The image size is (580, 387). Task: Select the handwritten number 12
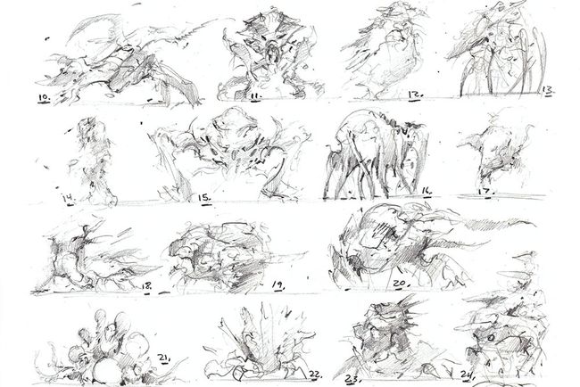[415, 92]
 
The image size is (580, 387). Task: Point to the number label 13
[547, 90]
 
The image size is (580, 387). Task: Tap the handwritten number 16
[426, 190]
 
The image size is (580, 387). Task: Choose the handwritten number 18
[146, 286]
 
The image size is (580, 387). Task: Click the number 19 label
[278, 285]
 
